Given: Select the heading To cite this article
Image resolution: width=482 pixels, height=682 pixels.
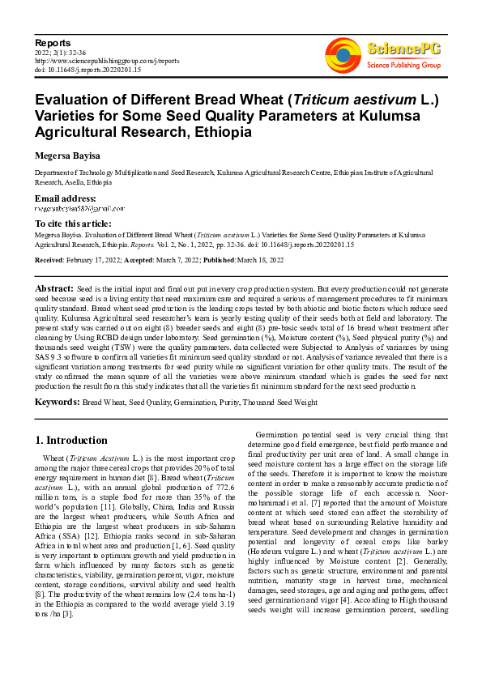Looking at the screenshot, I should tap(73, 224).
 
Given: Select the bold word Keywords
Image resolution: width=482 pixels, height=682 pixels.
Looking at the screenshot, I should tap(57, 402).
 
